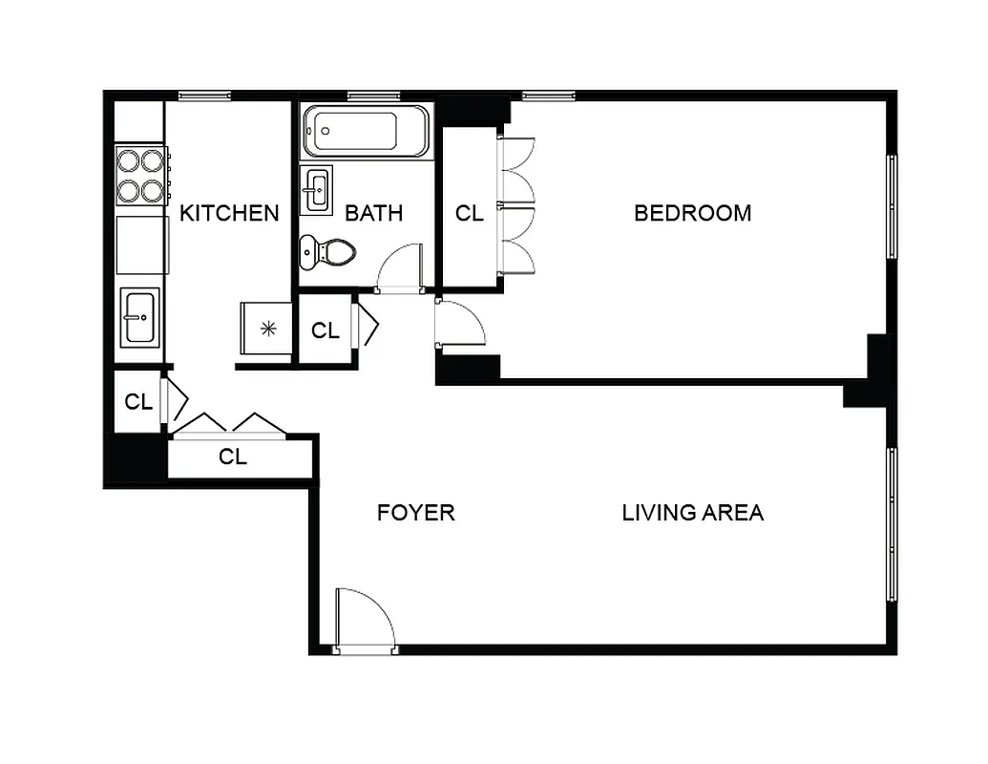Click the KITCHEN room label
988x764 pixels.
pos(229,213)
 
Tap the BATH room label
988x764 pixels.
pos(373,213)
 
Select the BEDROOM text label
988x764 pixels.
pos(692,213)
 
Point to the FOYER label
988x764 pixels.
pos(415,513)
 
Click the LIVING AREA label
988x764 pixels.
pos(692,513)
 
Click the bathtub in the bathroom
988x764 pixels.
pos(366,132)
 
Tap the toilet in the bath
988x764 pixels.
pos(328,252)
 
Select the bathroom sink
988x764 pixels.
pos(316,190)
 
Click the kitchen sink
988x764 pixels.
pos(139,318)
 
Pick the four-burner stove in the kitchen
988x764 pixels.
pos(142,176)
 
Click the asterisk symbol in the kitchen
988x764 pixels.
pos(268,329)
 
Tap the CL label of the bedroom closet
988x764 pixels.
pos(469,213)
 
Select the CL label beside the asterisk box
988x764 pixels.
pos(326,330)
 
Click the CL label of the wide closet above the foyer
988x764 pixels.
pos(232,457)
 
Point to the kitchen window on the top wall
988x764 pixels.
pos(204,95)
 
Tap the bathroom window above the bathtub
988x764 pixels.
pos(373,95)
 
